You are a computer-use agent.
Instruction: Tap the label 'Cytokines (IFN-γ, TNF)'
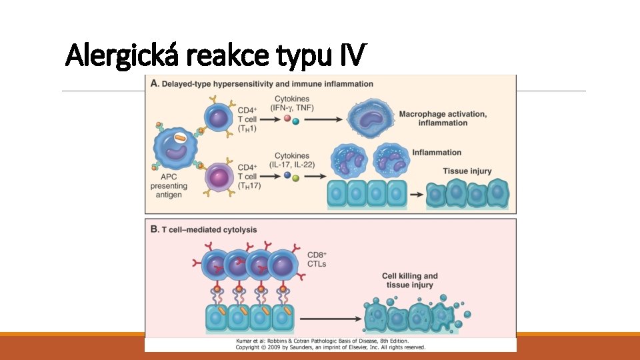291,103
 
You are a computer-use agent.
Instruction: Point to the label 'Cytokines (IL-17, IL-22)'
291,161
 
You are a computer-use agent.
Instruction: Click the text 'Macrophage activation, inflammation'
442,119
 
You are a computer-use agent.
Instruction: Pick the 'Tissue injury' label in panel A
467,171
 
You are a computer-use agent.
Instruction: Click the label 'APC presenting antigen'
168,186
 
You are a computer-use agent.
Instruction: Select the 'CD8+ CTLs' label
317,259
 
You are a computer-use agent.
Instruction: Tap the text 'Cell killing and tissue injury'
409,280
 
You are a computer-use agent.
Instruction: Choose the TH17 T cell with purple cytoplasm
217,178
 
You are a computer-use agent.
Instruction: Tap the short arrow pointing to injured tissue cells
415,195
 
